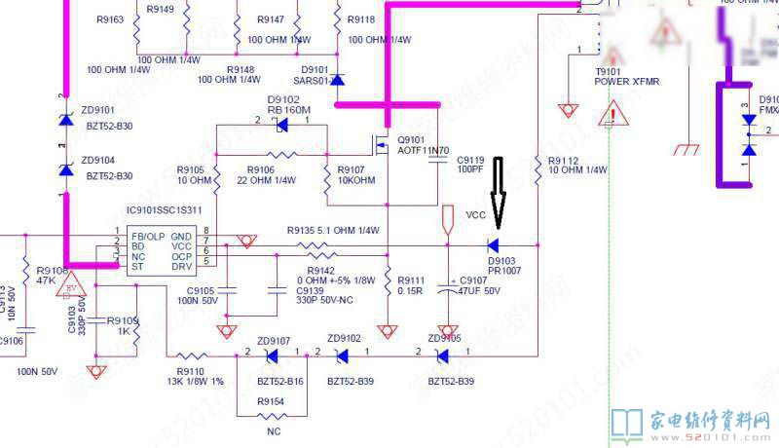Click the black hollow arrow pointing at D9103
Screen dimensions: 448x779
[x=498, y=191]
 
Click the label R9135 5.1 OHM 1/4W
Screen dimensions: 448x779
[x=332, y=231]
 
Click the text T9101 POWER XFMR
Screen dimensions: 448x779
[x=626, y=76]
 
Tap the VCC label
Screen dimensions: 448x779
[x=475, y=215]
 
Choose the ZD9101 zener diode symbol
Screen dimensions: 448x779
[x=65, y=119]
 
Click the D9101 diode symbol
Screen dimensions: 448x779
[x=337, y=79]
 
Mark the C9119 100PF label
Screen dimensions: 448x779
[x=469, y=164]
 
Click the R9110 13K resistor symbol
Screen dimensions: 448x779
[x=191, y=356]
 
